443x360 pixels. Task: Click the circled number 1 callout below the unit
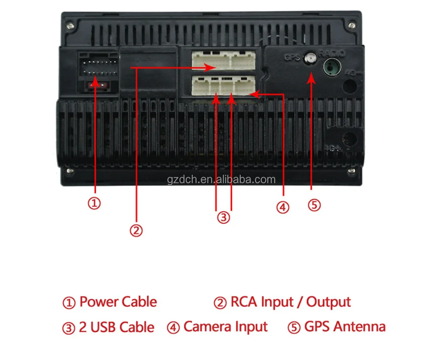coord(94,203)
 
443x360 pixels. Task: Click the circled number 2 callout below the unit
coord(136,230)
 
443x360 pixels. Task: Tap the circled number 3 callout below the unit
coord(223,218)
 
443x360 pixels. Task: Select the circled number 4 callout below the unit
coord(283,207)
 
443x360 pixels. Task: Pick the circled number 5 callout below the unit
coord(314,205)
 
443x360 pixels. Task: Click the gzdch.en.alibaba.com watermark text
coord(222,180)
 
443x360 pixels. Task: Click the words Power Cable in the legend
coord(118,302)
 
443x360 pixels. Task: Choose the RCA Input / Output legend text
coord(290,302)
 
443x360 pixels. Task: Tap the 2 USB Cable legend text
coord(116,328)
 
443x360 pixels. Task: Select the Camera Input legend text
coord(225,327)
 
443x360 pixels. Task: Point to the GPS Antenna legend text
coord(345,327)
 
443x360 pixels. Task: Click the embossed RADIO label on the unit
coord(332,54)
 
